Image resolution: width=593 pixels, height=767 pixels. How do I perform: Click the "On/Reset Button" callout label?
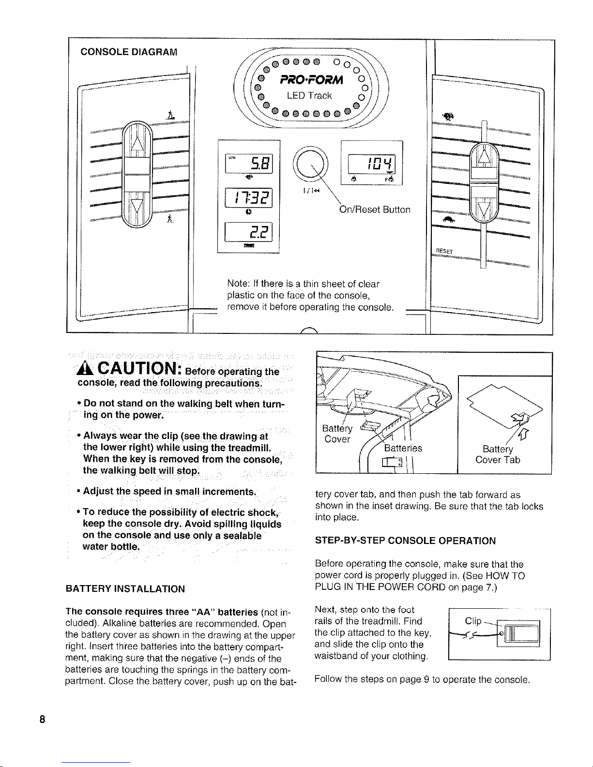point(375,210)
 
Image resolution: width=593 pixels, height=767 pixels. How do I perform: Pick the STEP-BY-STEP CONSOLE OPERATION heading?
point(405,541)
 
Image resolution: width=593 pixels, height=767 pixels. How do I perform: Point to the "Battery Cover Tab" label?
point(498,454)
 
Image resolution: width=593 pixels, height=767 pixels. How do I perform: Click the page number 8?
point(43,719)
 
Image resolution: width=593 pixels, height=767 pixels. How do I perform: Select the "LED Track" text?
point(309,96)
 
